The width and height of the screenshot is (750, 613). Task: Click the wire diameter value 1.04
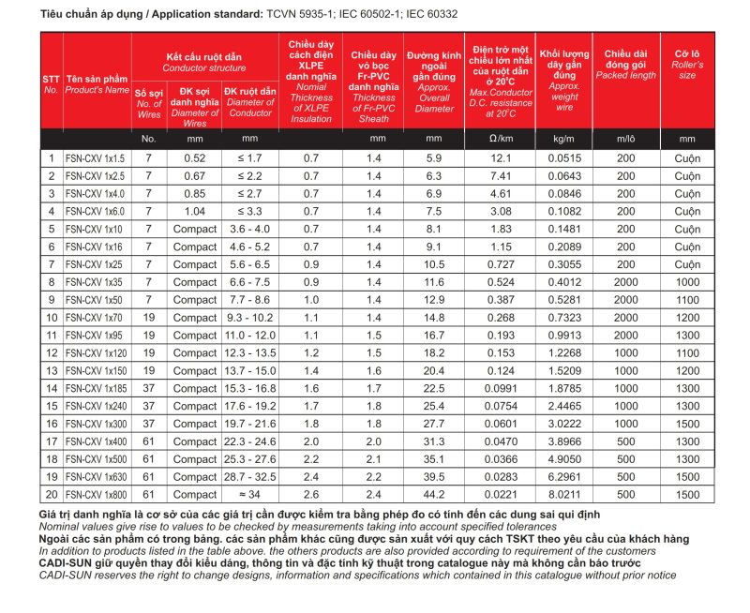194,211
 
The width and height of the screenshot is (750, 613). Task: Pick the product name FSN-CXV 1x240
94,406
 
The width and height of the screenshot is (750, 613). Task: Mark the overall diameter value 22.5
433,388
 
